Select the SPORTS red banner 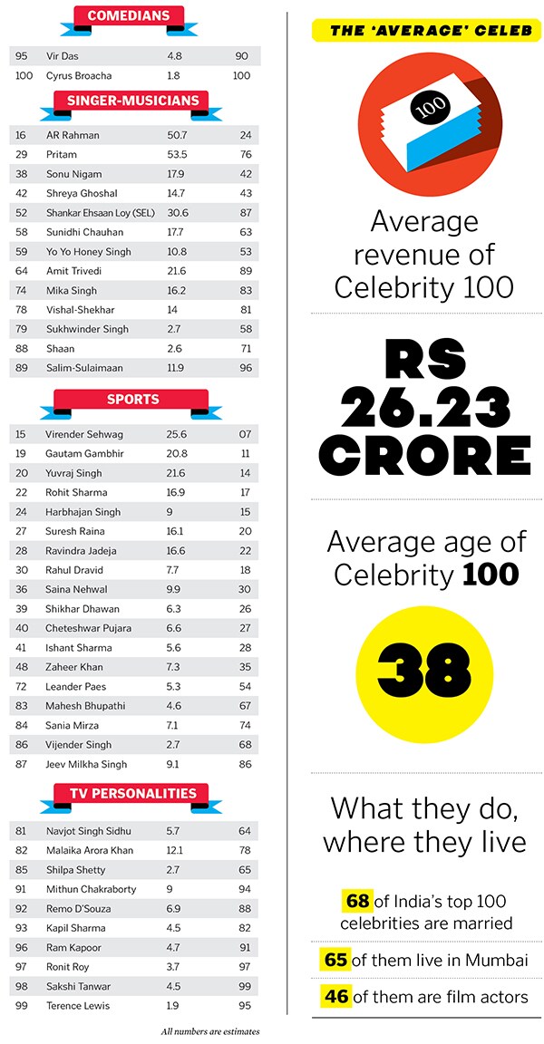click(x=132, y=400)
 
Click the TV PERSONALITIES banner click(x=132, y=794)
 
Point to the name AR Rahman click(x=73, y=135)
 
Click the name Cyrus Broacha click(x=81, y=75)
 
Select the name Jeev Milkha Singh click(x=86, y=764)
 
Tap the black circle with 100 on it click(x=423, y=107)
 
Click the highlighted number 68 click(x=358, y=901)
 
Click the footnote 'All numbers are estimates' click(x=209, y=1031)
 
